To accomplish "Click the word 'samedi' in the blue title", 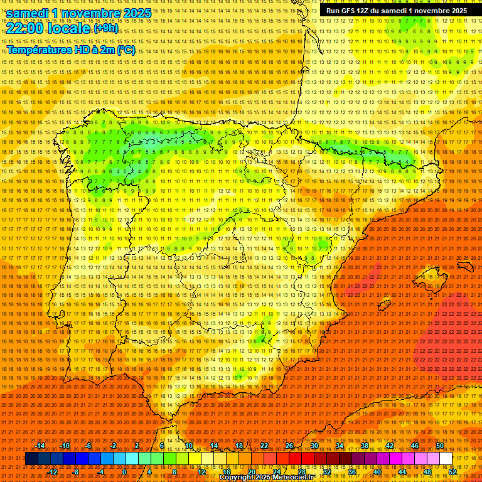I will tap(28, 13).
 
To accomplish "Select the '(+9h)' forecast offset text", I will tap(105, 28).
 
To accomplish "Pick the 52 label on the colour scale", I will tap(453, 472).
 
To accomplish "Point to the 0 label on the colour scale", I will tap(124, 472).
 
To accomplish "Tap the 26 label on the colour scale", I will tap(289, 446).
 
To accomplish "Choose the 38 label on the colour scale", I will tap(364, 446).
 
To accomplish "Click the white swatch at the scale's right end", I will tap(446, 459).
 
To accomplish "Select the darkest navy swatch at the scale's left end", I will tap(31, 459).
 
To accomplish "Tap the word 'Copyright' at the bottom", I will tap(237, 478).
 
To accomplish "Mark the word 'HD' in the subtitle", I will tap(81, 50).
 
